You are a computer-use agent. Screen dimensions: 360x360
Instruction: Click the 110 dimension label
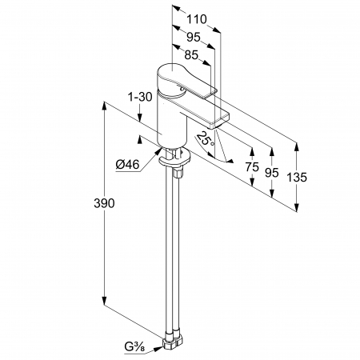pos(196,19)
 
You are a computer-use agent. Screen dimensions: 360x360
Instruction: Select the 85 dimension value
pos(191,55)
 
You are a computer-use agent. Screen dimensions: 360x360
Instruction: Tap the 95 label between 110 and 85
pos(194,37)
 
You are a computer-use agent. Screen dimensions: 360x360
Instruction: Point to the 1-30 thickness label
pos(140,97)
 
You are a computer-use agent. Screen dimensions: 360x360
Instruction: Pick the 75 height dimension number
pos(252,167)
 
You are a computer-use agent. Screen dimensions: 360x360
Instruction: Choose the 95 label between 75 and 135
pos(272,173)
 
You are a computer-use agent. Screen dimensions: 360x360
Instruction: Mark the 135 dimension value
pos(297,178)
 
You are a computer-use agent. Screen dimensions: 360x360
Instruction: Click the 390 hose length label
pos(104,203)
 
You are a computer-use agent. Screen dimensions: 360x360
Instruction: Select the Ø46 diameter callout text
pos(127,165)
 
